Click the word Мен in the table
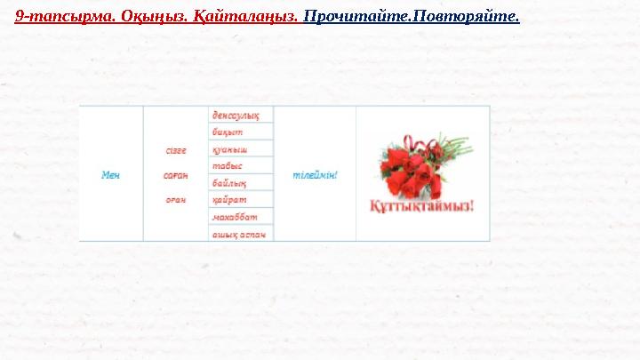(x=110, y=174)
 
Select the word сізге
(x=176, y=150)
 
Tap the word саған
(x=176, y=174)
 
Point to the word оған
(x=176, y=198)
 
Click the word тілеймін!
(x=315, y=174)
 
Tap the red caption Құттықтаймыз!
(x=422, y=206)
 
